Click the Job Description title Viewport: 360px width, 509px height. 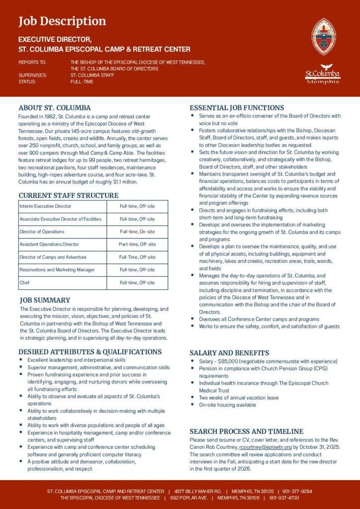(x=62, y=21)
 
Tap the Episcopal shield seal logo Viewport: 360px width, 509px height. (x=323, y=36)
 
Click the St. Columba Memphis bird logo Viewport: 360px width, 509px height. (x=323, y=74)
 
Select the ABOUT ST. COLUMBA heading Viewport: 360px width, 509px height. (x=55, y=107)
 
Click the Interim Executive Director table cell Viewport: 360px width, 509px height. (x=45, y=206)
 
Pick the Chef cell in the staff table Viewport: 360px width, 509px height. (x=24, y=283)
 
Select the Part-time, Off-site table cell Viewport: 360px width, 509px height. (x=137, y=245)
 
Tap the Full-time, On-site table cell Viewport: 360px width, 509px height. (x=137, y=232)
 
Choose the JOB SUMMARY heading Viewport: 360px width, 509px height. (x=45, y=300)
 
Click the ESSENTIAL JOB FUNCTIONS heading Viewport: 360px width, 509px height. (x=237, y=107)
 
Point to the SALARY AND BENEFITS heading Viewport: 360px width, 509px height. (x=229, y=352)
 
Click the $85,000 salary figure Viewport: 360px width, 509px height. (x=228, y=361)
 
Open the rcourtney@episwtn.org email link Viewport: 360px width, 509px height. (x=266, y=447)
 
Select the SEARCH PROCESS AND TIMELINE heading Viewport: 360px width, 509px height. (x=246, y=431)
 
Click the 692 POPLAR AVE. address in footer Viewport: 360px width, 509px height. (x=188, y=498)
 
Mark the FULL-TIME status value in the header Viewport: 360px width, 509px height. (x=82, y=82)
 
